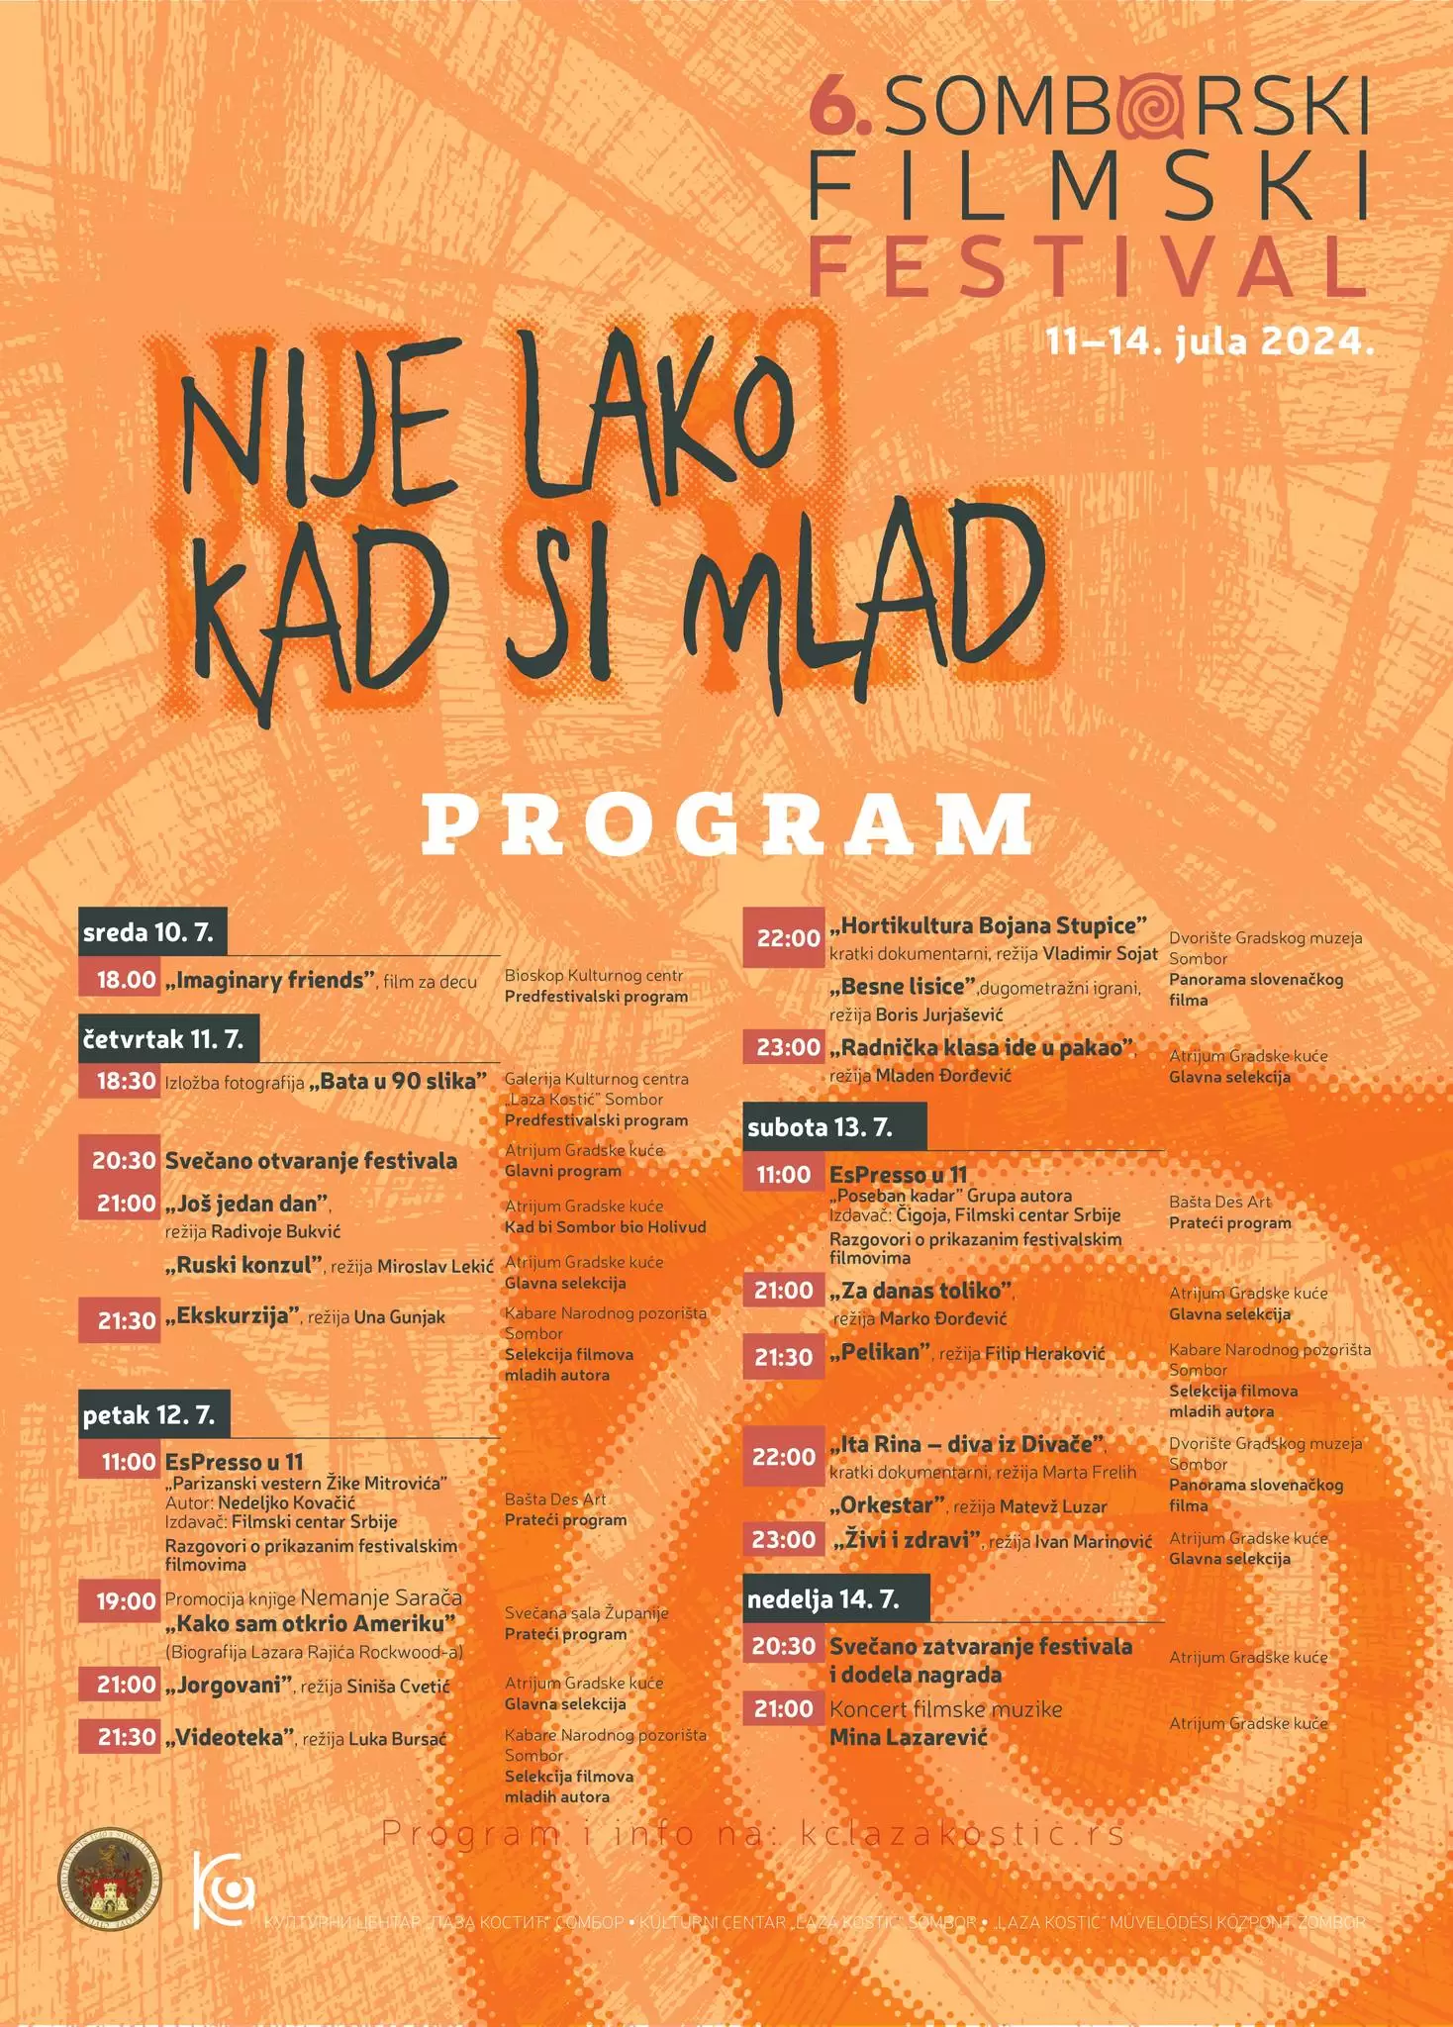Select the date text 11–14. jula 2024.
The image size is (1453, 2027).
(x=1210, y=342)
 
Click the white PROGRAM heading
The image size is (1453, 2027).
(x=727, y=824)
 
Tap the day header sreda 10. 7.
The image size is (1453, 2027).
(x=151, y=932)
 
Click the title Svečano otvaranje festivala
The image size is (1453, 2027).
(x=311, y=1161)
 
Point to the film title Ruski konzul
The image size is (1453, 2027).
(x=244, y=1265)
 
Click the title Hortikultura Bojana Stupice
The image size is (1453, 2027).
(x=988, y=926)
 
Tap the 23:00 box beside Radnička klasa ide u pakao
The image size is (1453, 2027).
(x=786, y=1047)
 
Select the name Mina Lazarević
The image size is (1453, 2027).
(x=908, y=1736)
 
